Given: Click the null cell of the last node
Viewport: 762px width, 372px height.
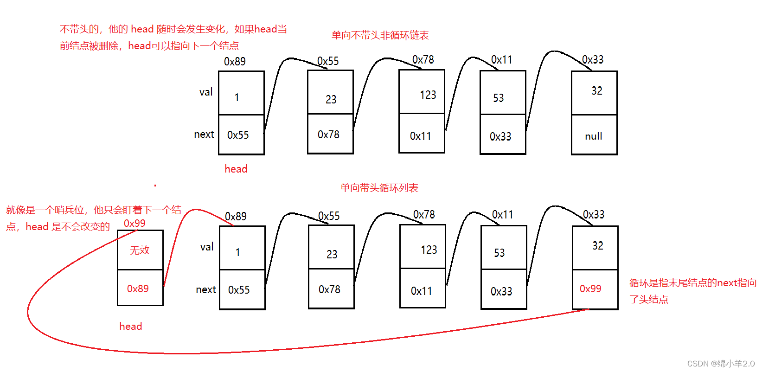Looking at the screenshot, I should [x=594, y=135].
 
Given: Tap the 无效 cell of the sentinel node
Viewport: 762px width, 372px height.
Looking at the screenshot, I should [x=140, y=250].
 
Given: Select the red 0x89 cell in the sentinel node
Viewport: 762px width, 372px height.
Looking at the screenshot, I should [x=140, y=289].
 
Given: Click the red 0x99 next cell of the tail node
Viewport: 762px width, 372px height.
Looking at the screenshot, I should [x=595, y=289].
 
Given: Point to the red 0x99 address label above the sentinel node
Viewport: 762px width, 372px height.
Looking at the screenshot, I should [x=134, y=223].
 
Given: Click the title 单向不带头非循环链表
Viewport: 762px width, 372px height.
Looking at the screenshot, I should [x=380, y=35].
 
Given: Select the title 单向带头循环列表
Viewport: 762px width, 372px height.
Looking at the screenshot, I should [x=379, y=188].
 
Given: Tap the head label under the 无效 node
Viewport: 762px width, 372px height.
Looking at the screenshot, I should [x=131, y=326].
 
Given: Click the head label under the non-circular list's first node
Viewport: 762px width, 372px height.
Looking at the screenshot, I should [x=236, y=169].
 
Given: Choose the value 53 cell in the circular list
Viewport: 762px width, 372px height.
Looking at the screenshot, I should [x=504, y=248].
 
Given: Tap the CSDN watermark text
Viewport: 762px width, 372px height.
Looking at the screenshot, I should [x=721, y=364].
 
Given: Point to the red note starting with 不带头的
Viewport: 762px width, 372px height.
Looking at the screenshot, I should [x=173, y=37].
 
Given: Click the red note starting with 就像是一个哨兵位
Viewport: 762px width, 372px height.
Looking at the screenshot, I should [x=93, y=218].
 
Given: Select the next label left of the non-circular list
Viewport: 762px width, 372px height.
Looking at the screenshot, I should [x=204, y=135].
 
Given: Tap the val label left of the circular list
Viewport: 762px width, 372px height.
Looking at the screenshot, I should [x=207, y=247].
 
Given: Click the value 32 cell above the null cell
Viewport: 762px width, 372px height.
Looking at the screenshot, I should [x=595, y=93].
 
